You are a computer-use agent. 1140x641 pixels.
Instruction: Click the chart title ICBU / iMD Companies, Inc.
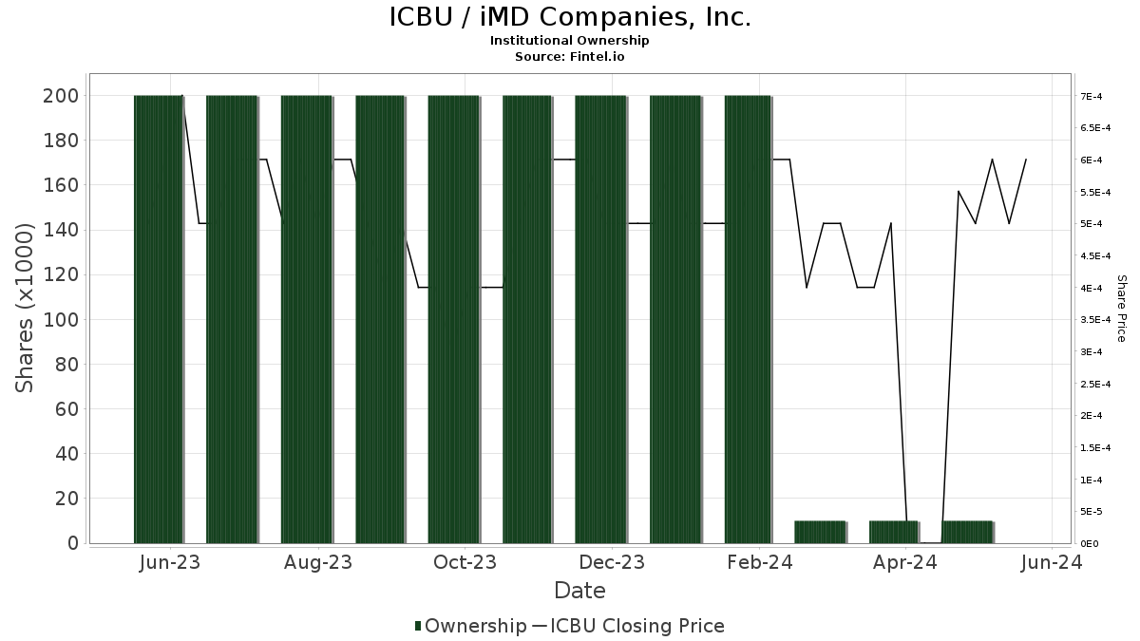pos(570,17)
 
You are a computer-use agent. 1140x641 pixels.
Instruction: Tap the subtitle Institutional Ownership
pos(570,41)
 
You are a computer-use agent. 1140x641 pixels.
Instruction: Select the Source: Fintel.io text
pos(570,57)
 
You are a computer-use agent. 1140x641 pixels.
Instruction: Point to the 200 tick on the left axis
pos(62,96)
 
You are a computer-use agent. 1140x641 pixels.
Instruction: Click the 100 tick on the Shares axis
pos(62,320)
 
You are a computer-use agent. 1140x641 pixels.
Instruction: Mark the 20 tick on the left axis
pos(66,499)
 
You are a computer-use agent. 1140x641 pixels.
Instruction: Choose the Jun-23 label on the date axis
pos(170,562)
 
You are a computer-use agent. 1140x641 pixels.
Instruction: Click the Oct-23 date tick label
pos(465,562)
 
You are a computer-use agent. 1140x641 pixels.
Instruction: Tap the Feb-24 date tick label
pos(759,562)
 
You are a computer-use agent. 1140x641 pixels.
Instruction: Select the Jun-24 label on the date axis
pos(1051,562)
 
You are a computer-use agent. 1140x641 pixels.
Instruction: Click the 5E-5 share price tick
pos(1090,512)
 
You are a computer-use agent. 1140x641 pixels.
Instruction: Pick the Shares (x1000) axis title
pos(25,307)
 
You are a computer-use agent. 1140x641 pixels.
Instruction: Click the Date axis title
pos(579,591)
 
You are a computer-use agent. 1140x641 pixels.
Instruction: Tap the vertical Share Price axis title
pos(1121,308)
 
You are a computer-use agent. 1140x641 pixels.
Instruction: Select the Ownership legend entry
pos(470,626)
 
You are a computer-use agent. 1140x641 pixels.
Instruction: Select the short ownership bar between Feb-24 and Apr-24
pos(820,532)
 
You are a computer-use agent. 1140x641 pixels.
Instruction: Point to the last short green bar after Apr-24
pos(967,532)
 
